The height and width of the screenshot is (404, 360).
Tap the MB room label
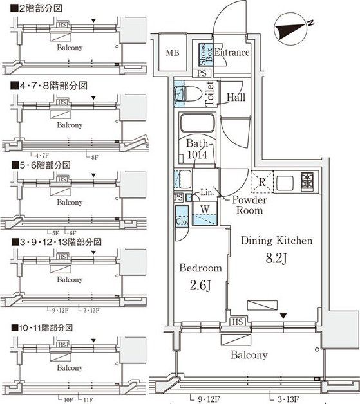(x=172, y=53)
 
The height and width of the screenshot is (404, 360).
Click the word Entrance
(x=231, y=53)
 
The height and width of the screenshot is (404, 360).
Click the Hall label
(x=236, y=97)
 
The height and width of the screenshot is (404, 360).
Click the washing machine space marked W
(x=204, y=208)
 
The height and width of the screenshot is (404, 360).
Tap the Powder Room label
(x=247, y=205)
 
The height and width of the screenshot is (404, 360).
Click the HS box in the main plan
(x=236, y=321)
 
